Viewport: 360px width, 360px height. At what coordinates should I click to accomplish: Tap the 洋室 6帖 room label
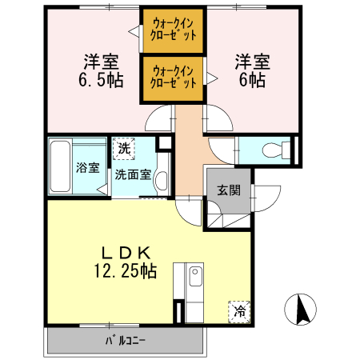coord(250,70)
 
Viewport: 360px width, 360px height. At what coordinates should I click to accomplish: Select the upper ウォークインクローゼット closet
coord(174,30)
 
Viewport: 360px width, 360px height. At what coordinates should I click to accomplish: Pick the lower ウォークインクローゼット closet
coord(174,78)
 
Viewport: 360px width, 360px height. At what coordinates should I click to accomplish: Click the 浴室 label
coord(88,168)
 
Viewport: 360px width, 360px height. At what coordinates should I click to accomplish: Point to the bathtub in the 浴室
coord(61,166)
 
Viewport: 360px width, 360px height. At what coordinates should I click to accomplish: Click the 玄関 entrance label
coord(228,190)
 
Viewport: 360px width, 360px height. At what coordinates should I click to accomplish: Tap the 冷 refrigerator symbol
coord(239,311)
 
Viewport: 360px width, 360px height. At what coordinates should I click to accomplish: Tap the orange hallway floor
coord(190,152)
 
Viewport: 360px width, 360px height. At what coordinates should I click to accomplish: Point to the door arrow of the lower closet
coord(212,78)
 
